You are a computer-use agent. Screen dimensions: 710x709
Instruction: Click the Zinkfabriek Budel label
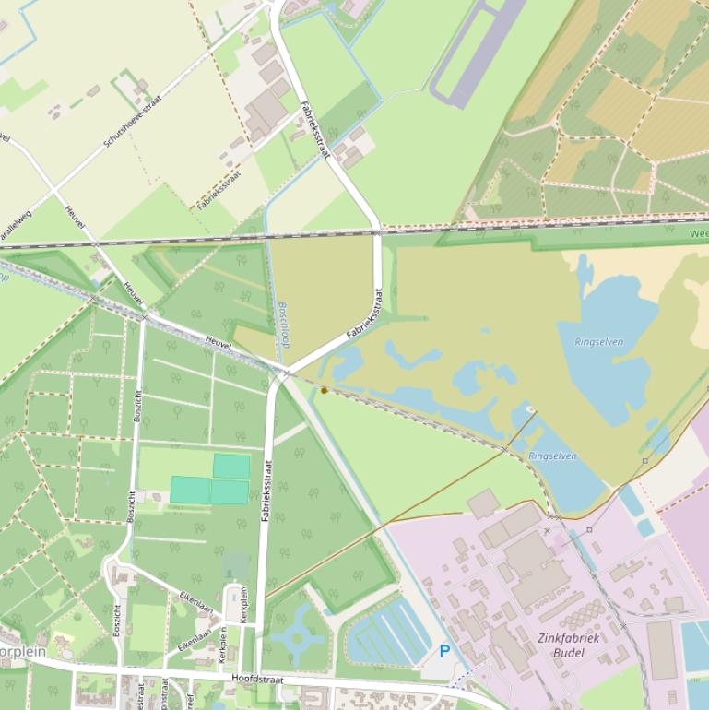point(569,645)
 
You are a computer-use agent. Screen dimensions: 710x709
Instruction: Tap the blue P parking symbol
point(444,652)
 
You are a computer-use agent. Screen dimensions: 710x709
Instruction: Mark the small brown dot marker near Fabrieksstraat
point(324,391)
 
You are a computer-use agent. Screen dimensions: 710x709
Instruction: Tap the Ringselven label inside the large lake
point(598,342)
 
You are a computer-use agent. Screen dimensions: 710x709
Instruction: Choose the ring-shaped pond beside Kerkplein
point(297,637)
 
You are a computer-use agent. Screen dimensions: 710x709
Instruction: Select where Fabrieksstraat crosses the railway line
point(376,231)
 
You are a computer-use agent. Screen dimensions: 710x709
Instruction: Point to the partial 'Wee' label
point(698,234)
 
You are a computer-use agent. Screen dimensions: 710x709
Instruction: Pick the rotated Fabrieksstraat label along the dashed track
point(219,190)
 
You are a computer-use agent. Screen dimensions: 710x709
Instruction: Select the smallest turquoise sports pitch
point(231,467)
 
